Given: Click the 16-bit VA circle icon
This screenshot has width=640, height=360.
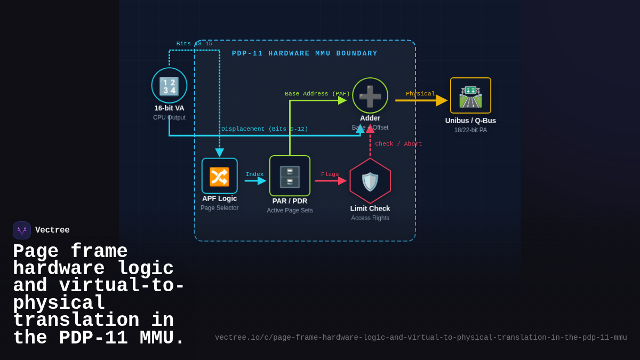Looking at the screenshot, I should pos(169,85).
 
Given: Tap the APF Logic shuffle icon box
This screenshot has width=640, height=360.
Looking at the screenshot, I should pos(219,176).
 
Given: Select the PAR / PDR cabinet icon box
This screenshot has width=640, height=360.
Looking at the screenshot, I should pos(290,176).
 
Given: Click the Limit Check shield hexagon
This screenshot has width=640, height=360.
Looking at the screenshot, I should pos(370,181).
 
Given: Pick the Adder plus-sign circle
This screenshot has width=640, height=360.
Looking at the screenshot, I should pos(370,95).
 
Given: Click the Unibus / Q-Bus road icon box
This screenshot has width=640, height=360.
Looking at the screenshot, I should pos(470,95).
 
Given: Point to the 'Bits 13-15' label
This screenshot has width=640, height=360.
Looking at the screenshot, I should pos(194,44).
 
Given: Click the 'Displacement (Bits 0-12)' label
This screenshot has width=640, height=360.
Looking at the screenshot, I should pos(265,129).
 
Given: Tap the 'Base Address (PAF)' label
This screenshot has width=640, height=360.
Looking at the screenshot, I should pos(317,94).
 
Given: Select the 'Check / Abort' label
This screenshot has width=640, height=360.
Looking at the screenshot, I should pos(398,144).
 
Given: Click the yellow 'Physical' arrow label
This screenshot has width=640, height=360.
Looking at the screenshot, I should pos(420,94).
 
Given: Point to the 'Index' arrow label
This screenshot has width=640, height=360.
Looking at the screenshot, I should pos(254,174).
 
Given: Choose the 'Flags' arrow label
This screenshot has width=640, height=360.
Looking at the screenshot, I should pos(330,174).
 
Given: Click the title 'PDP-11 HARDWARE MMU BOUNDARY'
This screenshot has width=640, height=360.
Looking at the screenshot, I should pos(305,54).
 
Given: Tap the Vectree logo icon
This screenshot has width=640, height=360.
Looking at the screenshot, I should pos(22,230).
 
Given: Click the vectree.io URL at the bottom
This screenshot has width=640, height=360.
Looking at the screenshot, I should pos(421,338).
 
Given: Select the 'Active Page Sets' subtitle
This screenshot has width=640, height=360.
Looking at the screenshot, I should pos(290,211).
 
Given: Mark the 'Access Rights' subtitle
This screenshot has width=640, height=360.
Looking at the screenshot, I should pos(370,218).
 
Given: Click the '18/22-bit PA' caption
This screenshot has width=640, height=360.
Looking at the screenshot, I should pos(470,130).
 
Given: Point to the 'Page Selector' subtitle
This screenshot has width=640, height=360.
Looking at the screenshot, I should pos(219,208).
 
